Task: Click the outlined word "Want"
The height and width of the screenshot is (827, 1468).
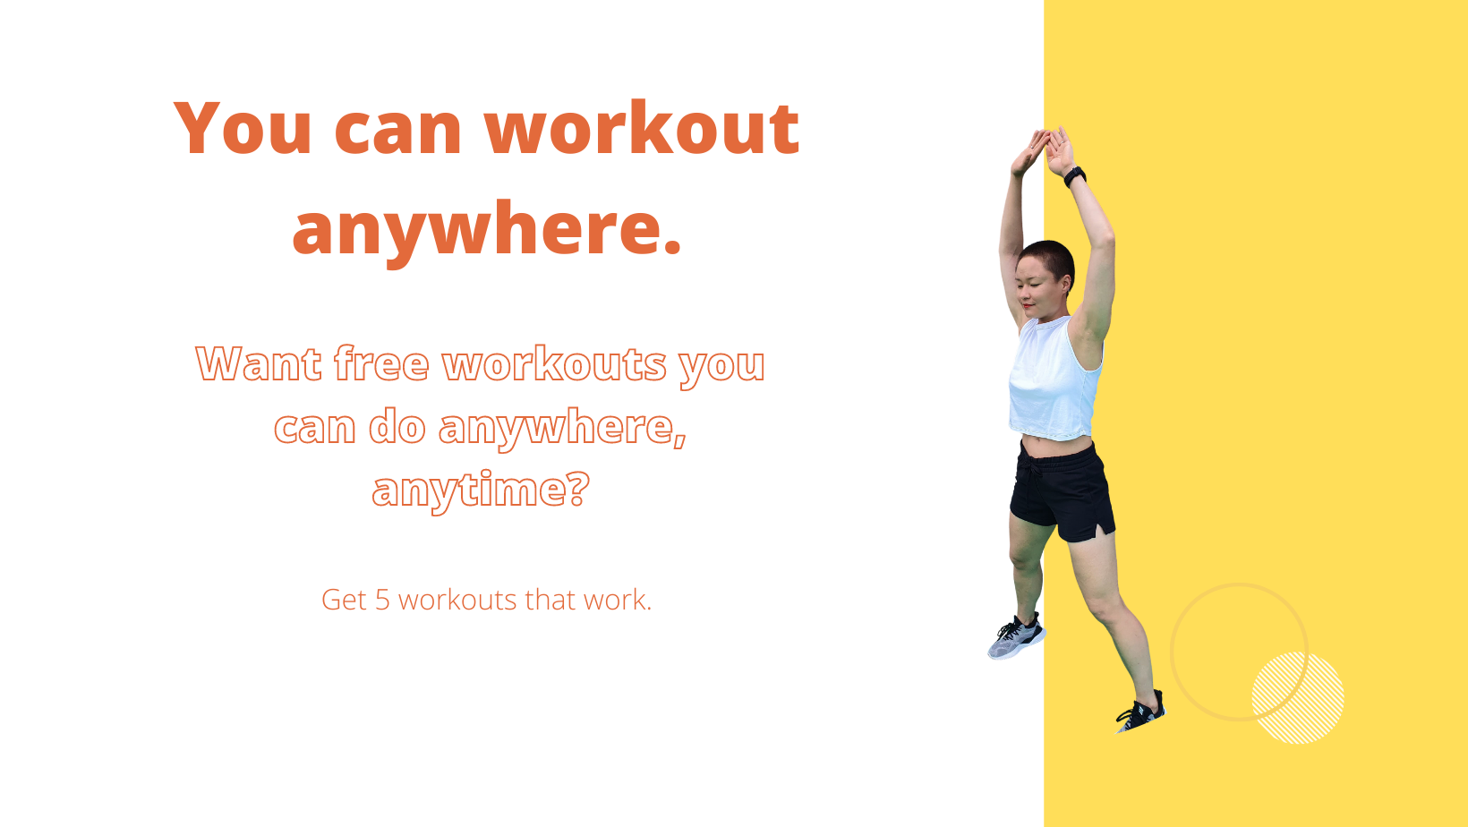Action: click(259, 363)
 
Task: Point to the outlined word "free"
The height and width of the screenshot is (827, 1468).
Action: click(381, 362)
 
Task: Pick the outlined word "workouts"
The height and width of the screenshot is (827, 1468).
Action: click(554, 362)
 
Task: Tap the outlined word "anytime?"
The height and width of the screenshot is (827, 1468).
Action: click(481, 490)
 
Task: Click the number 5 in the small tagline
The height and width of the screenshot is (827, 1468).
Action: click(383, 600)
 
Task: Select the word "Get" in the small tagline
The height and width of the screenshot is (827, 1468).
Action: click(344, 600)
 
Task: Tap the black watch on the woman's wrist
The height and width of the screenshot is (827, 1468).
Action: click(1075, 176)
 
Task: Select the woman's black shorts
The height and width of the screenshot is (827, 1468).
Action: click(1063, 491)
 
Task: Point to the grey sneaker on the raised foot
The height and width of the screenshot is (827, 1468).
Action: click(1017, 637)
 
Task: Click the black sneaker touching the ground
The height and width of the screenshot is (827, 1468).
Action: click(1141, 712)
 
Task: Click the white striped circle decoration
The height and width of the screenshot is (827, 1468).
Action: click(1298, 698)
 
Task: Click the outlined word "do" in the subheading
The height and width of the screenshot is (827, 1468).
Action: click(397, 427)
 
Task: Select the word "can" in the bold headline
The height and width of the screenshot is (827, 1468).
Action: click(397, 131)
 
